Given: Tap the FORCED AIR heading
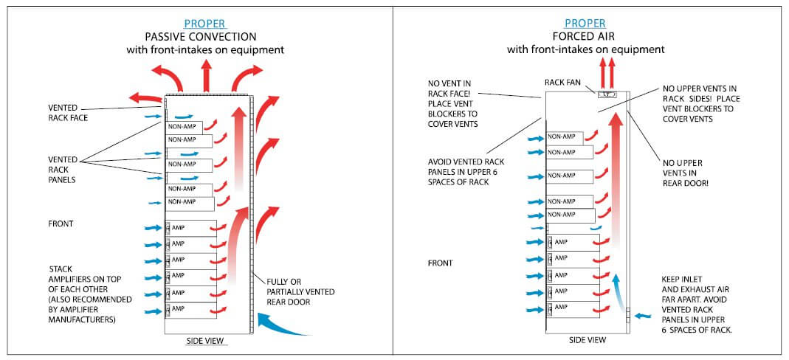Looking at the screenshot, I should pyautogui.click(x=585, y=36).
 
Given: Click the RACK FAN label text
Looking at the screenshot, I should pyautogui.click(x=564, y=83).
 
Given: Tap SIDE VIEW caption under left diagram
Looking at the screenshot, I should pyautogui.click(x=206, y=341).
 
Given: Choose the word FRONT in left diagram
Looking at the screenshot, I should pyautogui.click(x=61, y=223).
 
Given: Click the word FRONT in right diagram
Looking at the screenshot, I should pyautogui.click(x=441, y=263).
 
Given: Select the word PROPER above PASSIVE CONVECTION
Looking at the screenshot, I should pyautogui.click(x=204, y=24).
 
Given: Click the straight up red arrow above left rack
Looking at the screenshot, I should pyautogui.click(x=207, y=75).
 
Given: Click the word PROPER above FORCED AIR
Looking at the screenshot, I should pyautogui.click(x=585, y=24).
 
